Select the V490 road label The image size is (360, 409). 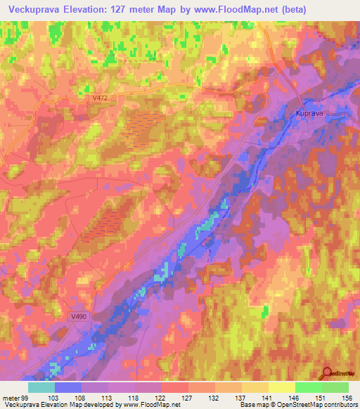tap(79, 317)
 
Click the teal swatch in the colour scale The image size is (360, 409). tap(41, 387)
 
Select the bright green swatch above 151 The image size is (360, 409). tap(309, 387)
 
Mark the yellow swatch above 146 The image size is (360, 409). tap(282, 387)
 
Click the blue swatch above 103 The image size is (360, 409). tap(68, 387)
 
